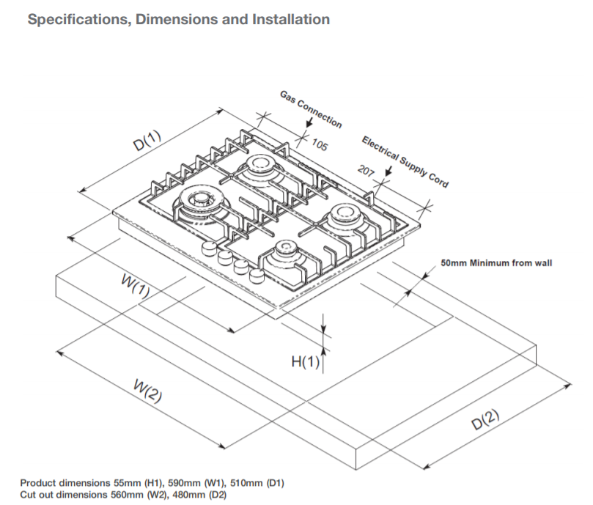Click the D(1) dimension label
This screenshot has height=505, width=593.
click(147, 141)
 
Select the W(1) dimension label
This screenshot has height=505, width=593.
click(136, 286)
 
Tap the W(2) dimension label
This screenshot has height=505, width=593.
click(148, 391)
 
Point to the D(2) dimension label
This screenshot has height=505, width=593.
click(485, 419)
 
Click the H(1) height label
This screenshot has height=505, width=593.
click(306, 362)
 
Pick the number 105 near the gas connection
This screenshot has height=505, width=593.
click(320, 145)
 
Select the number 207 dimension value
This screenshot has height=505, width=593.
click(366, 171)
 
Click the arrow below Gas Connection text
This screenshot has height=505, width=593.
click(309, 122)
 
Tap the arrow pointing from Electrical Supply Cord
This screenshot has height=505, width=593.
click(388, 172)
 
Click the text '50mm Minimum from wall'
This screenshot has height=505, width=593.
click(496, 263)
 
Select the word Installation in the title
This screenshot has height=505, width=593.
click(291, 19)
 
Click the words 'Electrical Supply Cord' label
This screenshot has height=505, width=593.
click(405, 162)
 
